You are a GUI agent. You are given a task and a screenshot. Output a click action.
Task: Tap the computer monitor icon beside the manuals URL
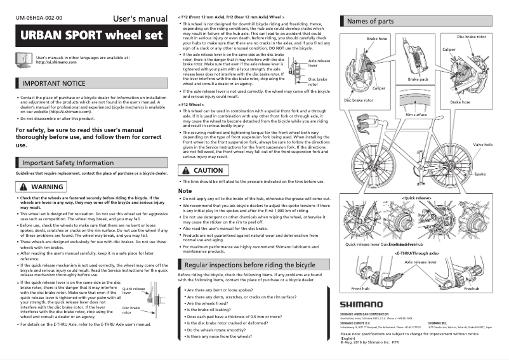point(23,60)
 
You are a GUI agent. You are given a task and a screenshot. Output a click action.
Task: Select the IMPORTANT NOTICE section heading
point(53,83)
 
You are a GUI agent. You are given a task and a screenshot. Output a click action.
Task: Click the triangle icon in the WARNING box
point(23,187)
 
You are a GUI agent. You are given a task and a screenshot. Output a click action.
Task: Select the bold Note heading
point(185,190)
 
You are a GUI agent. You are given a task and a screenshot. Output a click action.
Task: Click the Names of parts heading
point(370,21)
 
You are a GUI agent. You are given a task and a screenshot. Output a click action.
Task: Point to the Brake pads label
point(418,79)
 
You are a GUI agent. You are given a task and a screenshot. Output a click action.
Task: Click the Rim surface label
point(416,114)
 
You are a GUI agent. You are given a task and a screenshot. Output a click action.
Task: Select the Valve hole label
point(483,145)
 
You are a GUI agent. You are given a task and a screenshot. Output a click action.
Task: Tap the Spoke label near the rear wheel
point(480,173)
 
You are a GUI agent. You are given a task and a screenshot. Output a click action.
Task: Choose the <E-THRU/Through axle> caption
point(419,252)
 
